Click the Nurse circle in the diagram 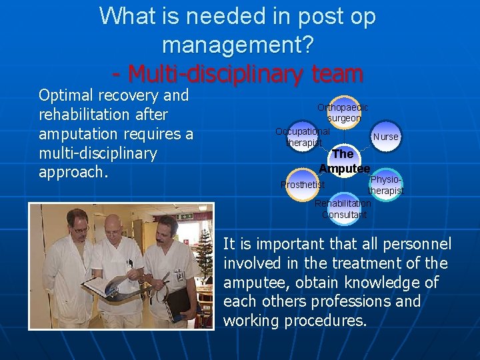click(385, 137)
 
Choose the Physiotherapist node click(386, 185)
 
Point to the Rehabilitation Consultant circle click(343, 209)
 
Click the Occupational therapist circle click(303, 137)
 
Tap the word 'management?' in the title click(237, 45)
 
